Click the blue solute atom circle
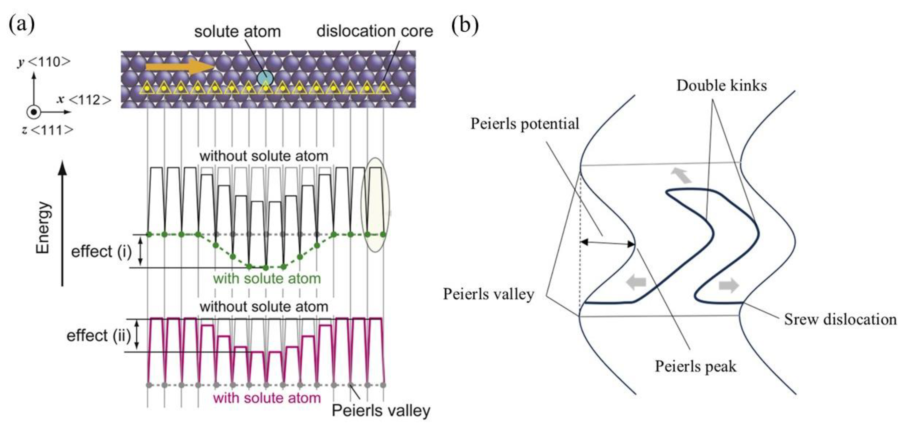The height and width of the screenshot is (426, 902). click(265, 78)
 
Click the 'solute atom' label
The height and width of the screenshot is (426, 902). click(237, 32)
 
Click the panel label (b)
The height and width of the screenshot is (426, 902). click(464, 25)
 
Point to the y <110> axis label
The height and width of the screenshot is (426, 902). click(44, 62)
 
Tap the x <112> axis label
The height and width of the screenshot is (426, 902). click(84, 100)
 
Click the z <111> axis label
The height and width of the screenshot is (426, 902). click(47, 130)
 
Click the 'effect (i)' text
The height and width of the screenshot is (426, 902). click(101, 252)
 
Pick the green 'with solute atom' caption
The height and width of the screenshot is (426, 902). click(267, 279)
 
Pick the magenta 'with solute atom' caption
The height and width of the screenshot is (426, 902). click(267, 398)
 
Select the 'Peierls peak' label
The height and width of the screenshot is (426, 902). click(695, 366)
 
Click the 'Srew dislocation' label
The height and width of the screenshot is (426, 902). click(840, 319)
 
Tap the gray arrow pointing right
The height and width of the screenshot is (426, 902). click(729, 285)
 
